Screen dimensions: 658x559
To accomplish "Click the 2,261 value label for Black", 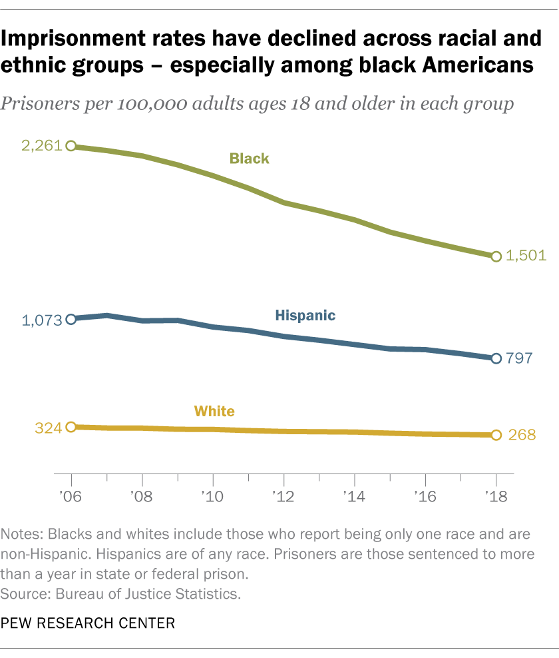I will (41, 146).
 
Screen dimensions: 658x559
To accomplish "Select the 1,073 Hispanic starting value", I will (41, 319).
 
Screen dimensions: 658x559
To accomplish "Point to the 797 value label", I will (519, 358).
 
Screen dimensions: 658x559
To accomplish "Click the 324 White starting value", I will (48, 427).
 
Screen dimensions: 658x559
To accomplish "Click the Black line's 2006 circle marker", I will (71, 146).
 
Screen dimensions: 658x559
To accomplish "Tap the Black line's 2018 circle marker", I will (496, 256).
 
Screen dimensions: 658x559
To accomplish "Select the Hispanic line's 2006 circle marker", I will (71, 319).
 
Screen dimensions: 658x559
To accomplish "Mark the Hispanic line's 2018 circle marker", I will (496, 358).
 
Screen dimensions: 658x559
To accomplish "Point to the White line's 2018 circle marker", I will (496, 435).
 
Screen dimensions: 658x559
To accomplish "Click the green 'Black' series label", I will (249, 159).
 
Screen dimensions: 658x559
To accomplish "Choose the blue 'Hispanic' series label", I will (305, 316).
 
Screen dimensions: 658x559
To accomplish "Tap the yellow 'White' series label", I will (214, 411).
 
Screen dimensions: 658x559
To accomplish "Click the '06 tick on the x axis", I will (71, 496).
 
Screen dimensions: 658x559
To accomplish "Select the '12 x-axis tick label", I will (283, 496).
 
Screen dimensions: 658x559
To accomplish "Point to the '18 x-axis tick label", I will (496, 496).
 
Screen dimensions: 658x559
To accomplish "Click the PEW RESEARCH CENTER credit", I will (88, 624).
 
